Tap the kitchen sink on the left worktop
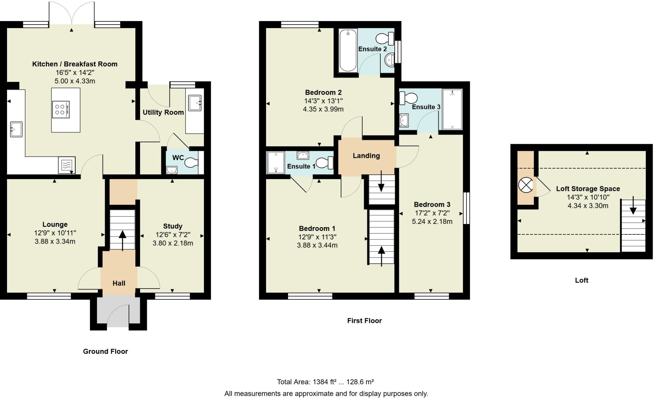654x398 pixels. pyautogui.click(x=16, y=129)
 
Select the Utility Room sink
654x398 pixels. pyautogui.click(x=195, y=103)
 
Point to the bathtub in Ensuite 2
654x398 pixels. pyautogui.click(x=348, y=50)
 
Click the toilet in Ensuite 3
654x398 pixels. pyautogui.click(x=408, y=98)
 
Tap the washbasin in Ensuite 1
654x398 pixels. pyautogui.click(x=302, y=155)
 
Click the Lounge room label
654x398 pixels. pyautogui.click(x=55, y=225)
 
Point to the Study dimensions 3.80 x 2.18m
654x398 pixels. pyautogui.click(x=173, y=243)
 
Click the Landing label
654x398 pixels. pyautogui.click(x=366, y=156)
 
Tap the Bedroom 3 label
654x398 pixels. pyautogui.click(x=432, y=204)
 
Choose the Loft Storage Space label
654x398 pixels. pyautogui.click(x=588, y=188)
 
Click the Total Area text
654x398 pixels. pyautogui.click(x=325, y=382)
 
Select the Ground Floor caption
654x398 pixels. pyautogui.click(x=105, y=351)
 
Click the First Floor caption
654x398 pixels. pyautogui.click(x=364, y=321)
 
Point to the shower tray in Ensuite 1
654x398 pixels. pyautogui.click(x=276, y=163)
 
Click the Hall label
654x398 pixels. pyautogui.click(x=119, y=283)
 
